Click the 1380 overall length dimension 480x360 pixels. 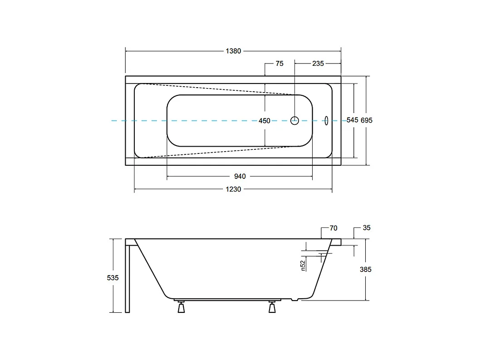coord(233,51)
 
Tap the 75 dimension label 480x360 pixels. coord(279,64)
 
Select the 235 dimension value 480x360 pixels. coord(318,64)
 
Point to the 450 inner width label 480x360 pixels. coord(264,121)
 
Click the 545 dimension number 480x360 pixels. coord(353,120)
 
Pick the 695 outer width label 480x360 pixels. coord(367,120)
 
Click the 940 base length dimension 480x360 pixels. coord(240,177)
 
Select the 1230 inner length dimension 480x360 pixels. coord(233,189)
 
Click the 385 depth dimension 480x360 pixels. coord(366,269)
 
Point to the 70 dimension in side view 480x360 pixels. coord(333,228)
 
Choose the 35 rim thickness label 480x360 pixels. coord(367,228)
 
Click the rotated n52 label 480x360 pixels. coord(303,265)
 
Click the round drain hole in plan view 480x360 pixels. coord(295,120)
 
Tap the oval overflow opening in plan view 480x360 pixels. coord(326,120)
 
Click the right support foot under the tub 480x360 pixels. coord(272,307)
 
